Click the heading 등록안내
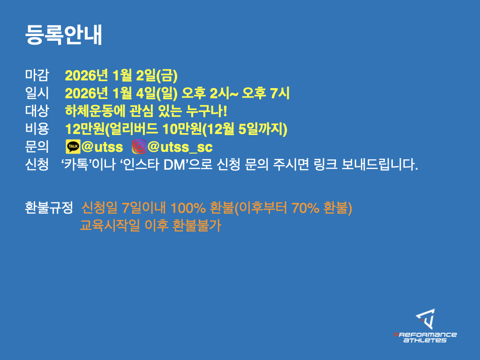[x=63, y=35]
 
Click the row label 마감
[x=37, y=75]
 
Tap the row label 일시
[x=37, y=93]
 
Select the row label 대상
[x=37, y=111]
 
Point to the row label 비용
[x=37, y=128]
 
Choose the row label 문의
[x=37, y=146]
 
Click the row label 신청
[x=37, y=165]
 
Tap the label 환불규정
[x=49, y=208]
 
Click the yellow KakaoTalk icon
[x=73, y=147]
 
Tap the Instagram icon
[x=139, y=147]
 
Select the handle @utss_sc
[x=180, y=147]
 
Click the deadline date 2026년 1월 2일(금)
[x=121, y=75]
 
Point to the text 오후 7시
[x=265, y=93]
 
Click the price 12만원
[x=85, y=129]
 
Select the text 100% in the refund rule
[x=188, y=208]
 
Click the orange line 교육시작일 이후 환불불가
[x=150, y=225]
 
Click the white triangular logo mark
[x=426, y=319]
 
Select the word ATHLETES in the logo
[x=425, y=340]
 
